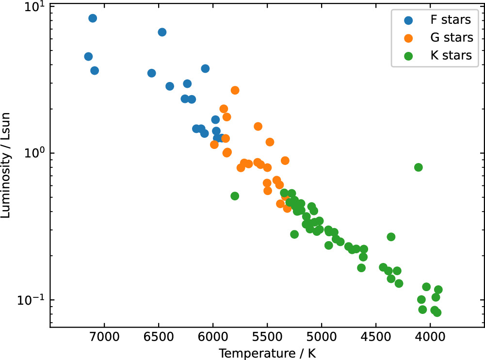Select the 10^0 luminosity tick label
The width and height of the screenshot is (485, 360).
(34, 153)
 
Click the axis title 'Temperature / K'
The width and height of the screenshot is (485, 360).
(267, 351)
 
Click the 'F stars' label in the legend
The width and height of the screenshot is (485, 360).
(451, 20)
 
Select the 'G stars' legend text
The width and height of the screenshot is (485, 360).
(451, 38)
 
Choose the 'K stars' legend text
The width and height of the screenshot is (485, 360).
(451, 55)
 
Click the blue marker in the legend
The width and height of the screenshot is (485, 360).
(409, 20)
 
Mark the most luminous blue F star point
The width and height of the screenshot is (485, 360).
(93, 18)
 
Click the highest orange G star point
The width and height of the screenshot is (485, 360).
(235, 90)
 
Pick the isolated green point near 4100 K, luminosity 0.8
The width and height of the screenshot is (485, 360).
(419, 167)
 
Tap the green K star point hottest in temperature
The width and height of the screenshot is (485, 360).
(235, 196)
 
